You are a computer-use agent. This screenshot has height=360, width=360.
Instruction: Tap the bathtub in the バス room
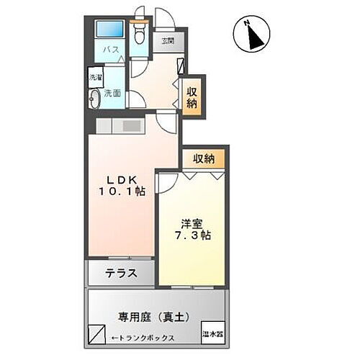click(x=112, y=31)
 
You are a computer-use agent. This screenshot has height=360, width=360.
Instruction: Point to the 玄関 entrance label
click(x=167, y=41)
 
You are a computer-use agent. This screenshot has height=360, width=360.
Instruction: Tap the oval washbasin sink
click(x=95, y=99)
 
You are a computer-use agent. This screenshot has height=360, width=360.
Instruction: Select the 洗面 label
click(x=112, y=94)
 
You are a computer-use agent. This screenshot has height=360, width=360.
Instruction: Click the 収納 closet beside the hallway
click(x=192, y=96)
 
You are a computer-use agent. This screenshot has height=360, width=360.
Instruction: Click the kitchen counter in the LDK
click(x=121, y=127)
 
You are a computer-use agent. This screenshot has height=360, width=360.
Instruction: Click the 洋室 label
click(x=191, y=222)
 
